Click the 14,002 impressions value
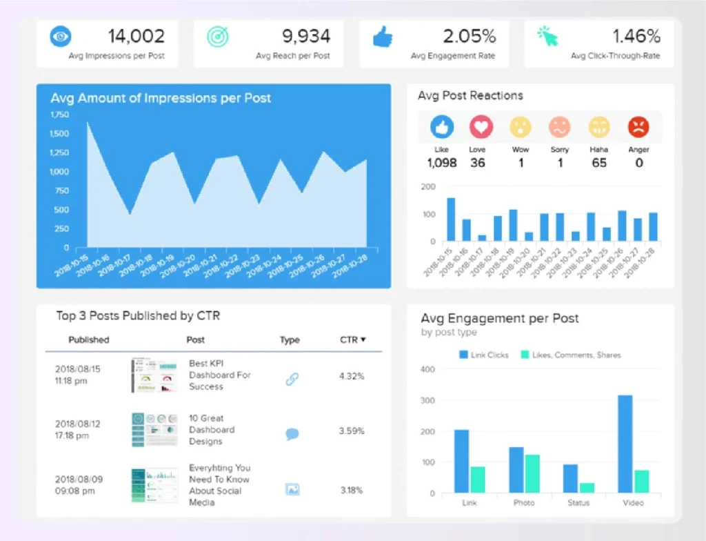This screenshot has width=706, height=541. point(136,36)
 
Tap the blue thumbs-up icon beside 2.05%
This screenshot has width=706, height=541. point(383,37)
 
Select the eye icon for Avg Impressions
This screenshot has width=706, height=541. point(61,37)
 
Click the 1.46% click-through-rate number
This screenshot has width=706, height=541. point(636,36)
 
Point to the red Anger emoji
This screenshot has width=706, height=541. point(638,127)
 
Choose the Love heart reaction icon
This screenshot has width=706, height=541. point(481,127)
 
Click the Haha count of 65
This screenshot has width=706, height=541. point(599,163)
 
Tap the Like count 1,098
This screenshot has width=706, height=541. point(442,163)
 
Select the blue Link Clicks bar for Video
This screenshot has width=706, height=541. point(625,444)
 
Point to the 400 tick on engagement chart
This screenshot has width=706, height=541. point(427,369)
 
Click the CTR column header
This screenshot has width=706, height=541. point(352,340)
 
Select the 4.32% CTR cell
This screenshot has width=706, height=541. point(352,376)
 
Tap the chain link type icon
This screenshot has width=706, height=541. point(292,378)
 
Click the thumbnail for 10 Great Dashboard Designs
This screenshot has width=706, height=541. point(154,430)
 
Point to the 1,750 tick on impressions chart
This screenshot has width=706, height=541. point(60,115)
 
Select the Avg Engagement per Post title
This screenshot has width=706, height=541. point(500,318)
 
